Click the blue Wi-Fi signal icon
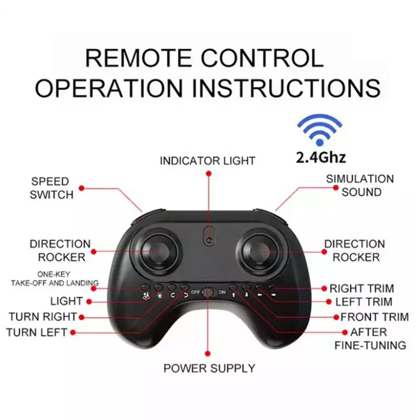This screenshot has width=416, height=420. tap(319, 130)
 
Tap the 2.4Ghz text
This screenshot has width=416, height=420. tap(320, 157)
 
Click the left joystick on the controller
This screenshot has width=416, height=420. tap(158, 251)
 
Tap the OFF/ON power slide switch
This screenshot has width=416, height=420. tap(209, 292)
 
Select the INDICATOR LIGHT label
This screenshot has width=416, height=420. tap(207, 161)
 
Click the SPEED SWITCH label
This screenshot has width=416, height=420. tap(51, 188)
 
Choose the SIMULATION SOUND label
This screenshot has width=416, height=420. tap(360, 186)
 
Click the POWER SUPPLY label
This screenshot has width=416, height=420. tap(210, 369)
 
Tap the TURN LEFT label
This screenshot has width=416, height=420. tap(37, 332)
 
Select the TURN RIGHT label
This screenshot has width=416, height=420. tap(43, 317)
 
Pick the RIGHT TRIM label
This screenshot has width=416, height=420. tap(362, 288)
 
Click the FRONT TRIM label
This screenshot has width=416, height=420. tap(375, 317)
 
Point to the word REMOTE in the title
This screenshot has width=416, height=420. tap(138, 58)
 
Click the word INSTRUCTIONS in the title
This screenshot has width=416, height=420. tap(287, 88)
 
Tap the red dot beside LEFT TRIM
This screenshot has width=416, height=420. tap(329, 302)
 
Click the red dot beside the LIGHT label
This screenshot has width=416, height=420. tap(89, 301)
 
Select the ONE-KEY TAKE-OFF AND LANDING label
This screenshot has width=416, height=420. tap(55, 279)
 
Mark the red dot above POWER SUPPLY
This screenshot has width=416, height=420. tap(207, 353)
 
